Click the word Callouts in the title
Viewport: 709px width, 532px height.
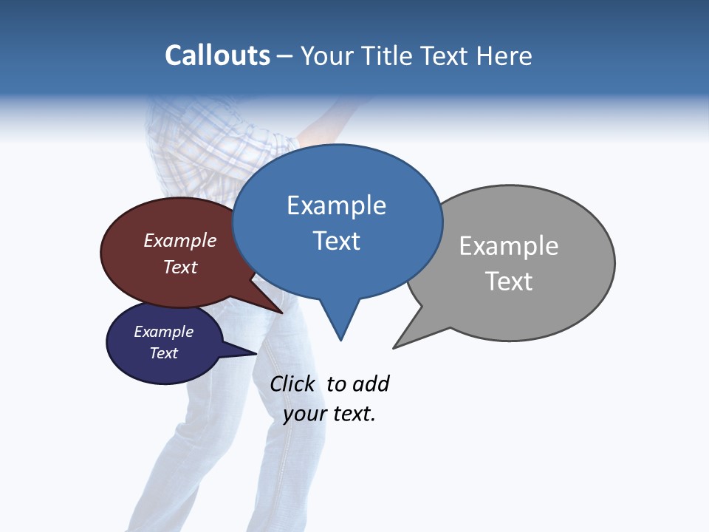(217, 55)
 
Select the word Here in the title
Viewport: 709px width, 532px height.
(505, 55)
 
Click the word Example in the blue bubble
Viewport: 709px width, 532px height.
(336, 205)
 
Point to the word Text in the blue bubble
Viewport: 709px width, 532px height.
(336, 241)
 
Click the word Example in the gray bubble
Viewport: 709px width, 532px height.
(509, 246)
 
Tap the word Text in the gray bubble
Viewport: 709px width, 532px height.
(509, 282)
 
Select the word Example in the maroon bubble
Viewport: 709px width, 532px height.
(180, 240)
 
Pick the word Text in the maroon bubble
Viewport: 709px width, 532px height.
(180, 267)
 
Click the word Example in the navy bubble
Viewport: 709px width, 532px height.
(164, 332)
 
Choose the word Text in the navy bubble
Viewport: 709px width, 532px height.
(164, 353)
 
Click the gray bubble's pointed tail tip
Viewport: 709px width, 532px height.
(394, 347)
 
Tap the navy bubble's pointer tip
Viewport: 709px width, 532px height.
(256, 353)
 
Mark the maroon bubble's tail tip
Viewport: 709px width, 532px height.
(282, 313)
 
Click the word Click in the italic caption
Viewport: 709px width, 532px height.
(292, 383)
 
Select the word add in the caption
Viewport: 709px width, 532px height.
(371, 383)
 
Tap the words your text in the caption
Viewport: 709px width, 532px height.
(329, 414)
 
